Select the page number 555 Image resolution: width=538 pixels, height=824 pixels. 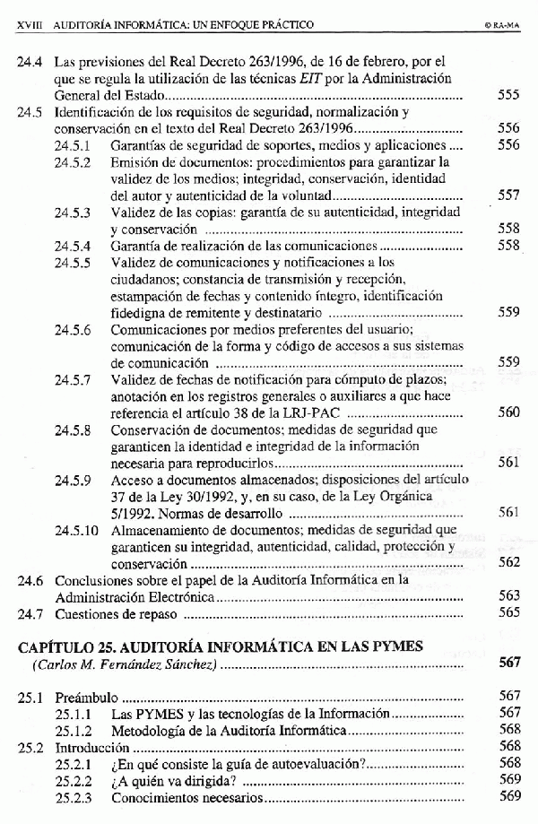[508, 95]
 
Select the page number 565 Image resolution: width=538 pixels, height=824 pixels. [508, 614]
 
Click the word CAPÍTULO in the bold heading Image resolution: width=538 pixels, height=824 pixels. [56, 646]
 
